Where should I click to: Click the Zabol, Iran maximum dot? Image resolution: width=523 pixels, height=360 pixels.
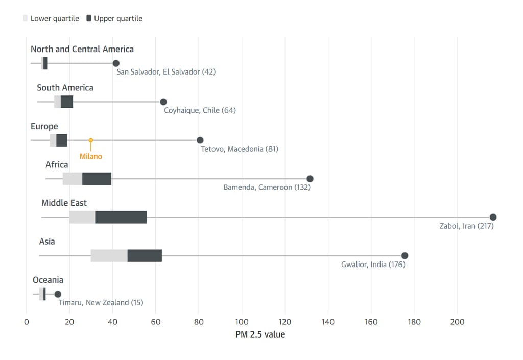click(493, 217)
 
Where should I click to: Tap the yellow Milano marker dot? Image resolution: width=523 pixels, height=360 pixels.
click(91, 140)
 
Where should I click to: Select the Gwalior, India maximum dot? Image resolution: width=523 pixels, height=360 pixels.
click(405, 255)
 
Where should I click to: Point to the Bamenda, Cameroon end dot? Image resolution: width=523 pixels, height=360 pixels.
click(310, 179)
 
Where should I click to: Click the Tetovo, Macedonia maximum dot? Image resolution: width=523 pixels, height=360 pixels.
click(200, 140)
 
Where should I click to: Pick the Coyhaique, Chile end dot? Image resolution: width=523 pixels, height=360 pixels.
click(163, 102)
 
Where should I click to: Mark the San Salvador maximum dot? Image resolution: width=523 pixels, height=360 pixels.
click(116, 63)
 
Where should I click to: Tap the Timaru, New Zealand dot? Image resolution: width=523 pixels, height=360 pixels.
click(58, 294)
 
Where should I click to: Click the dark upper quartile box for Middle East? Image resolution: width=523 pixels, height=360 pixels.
click(121, 217)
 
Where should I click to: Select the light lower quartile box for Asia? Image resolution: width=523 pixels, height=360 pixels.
click(109, 255)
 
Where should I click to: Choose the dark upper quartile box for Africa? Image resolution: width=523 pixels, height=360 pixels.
click(97, 179)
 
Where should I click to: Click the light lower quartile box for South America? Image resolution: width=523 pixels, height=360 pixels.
click(57, 102)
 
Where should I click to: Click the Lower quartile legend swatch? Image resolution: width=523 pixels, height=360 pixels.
click(26, 18)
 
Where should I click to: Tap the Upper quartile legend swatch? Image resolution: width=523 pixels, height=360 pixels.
click(89, 18)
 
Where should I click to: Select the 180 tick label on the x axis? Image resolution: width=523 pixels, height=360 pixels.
click(414, 322)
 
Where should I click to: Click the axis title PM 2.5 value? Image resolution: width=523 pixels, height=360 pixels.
click(260, 334)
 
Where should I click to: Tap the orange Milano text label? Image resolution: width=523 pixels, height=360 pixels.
click(91, 156)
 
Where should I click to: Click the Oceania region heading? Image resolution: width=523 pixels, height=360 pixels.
click(48, 280)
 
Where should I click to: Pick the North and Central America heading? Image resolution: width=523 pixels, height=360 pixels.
click(82, 49)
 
